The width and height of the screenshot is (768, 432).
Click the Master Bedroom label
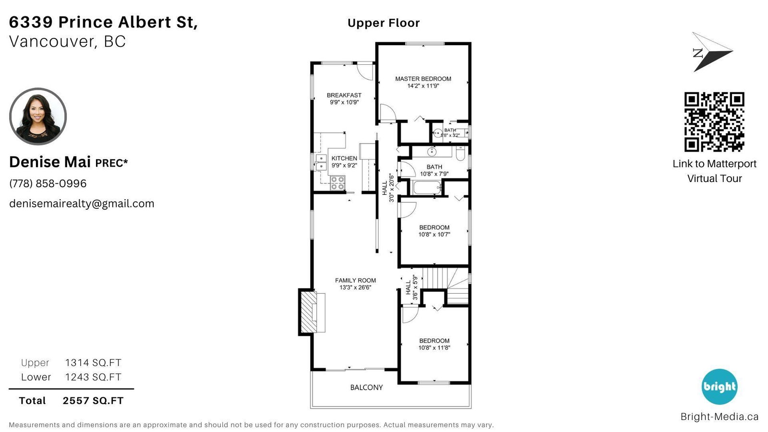click(423, 79)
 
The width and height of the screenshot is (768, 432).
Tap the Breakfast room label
click(344, 96)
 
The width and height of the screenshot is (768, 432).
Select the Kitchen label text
click(344, 158)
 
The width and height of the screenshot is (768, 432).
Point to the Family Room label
click(356, 280)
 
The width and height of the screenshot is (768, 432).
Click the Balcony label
click(367, 387)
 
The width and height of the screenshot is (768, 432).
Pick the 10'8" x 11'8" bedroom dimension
click(434, 348)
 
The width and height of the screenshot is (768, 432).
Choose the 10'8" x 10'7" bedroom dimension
click(434, 235)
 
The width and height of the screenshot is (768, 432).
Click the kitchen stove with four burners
click(338, 183)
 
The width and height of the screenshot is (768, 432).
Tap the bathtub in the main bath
click(427, 188)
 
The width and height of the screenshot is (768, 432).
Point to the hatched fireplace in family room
click(309, 312)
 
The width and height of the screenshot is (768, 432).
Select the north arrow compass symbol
click(712, 52)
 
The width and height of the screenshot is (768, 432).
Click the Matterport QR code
click(714, 122)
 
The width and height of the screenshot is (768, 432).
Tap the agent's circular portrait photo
click(38, 117)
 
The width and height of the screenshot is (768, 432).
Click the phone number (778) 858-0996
click(48, 183)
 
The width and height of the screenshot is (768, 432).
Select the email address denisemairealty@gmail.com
click(82, 204)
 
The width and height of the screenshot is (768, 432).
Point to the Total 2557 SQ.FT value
click(93, 400)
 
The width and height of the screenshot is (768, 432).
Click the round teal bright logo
click(720, 387)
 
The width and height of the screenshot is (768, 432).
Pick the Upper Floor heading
click(384, 23)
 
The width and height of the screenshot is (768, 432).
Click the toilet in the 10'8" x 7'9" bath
click(460, 153)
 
